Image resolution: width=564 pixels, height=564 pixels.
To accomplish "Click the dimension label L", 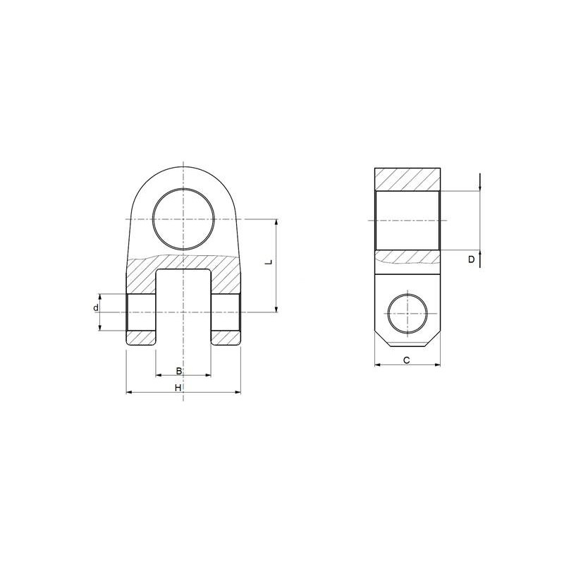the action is tap(269, 262).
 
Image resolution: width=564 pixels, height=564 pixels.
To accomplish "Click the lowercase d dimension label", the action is tap(96, 308).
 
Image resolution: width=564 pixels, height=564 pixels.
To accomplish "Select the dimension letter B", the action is tap(179, 371).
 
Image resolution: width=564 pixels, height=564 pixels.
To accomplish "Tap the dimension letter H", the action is tap(178, 388).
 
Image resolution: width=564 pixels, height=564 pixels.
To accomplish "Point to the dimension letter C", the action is tap(407, 360).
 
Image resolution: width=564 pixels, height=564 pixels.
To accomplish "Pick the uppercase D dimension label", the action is tap(471, 259).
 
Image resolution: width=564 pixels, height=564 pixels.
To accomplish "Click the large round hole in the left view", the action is tap(183, 219).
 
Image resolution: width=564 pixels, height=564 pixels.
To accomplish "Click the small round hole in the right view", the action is tap(407, 314).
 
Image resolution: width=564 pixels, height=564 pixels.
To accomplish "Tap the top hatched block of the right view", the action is tap(407, 179).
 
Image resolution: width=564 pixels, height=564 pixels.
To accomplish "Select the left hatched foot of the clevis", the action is tap(141, 338).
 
